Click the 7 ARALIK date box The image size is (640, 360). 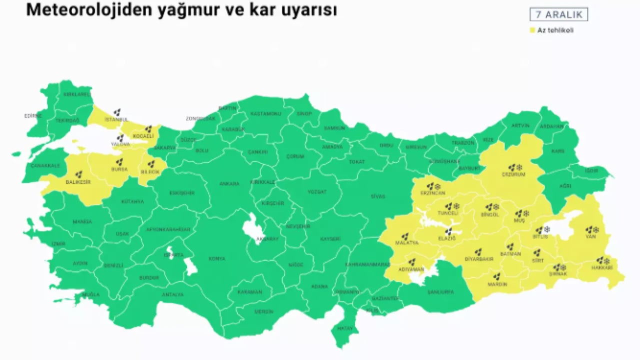(x=558, y=14)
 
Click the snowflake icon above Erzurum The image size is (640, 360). (x=519, y=167)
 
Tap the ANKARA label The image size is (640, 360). (x=229, y=183)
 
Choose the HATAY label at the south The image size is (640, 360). (x=344, y=328)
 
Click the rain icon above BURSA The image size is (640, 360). (x=119, y=162)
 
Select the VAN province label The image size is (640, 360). (x=591, y=236)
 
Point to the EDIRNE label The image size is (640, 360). (x=33, y=116)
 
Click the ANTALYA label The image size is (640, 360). (x=172, y=294)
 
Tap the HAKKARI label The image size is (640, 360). (x=601, y=268)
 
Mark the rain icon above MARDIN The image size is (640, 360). (x=496, y=276)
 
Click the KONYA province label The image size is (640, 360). (x=217, y=258)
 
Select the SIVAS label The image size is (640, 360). (x=378, y=196)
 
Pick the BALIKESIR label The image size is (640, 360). (x=78, y=182)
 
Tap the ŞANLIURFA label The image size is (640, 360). (x=440, y=292)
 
